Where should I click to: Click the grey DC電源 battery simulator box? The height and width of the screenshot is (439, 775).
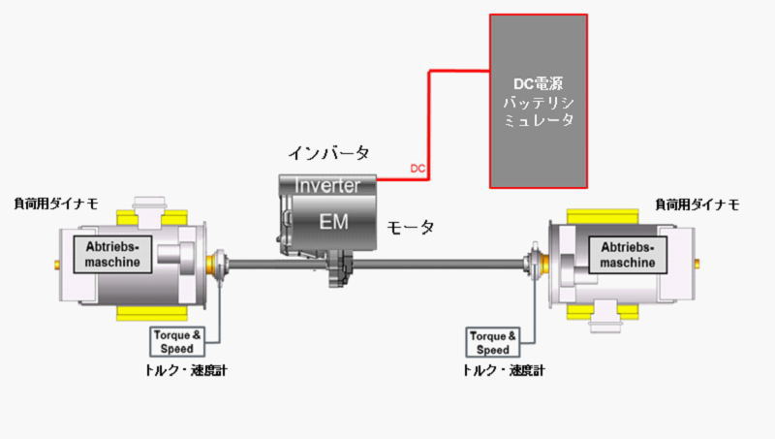click(x=538, y=100)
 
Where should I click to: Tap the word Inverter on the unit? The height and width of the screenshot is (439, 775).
click(x=326, y=185)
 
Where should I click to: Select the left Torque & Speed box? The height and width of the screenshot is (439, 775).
click(x=177, y=341)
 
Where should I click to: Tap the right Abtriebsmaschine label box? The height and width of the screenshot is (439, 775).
click(x=629, y=254)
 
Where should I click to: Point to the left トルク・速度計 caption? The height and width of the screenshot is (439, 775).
click(x=183, y=370)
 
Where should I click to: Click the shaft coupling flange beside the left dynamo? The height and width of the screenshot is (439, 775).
click(x=220, y=261)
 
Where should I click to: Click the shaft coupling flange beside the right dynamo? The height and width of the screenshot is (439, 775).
click(x=531, y=262)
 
